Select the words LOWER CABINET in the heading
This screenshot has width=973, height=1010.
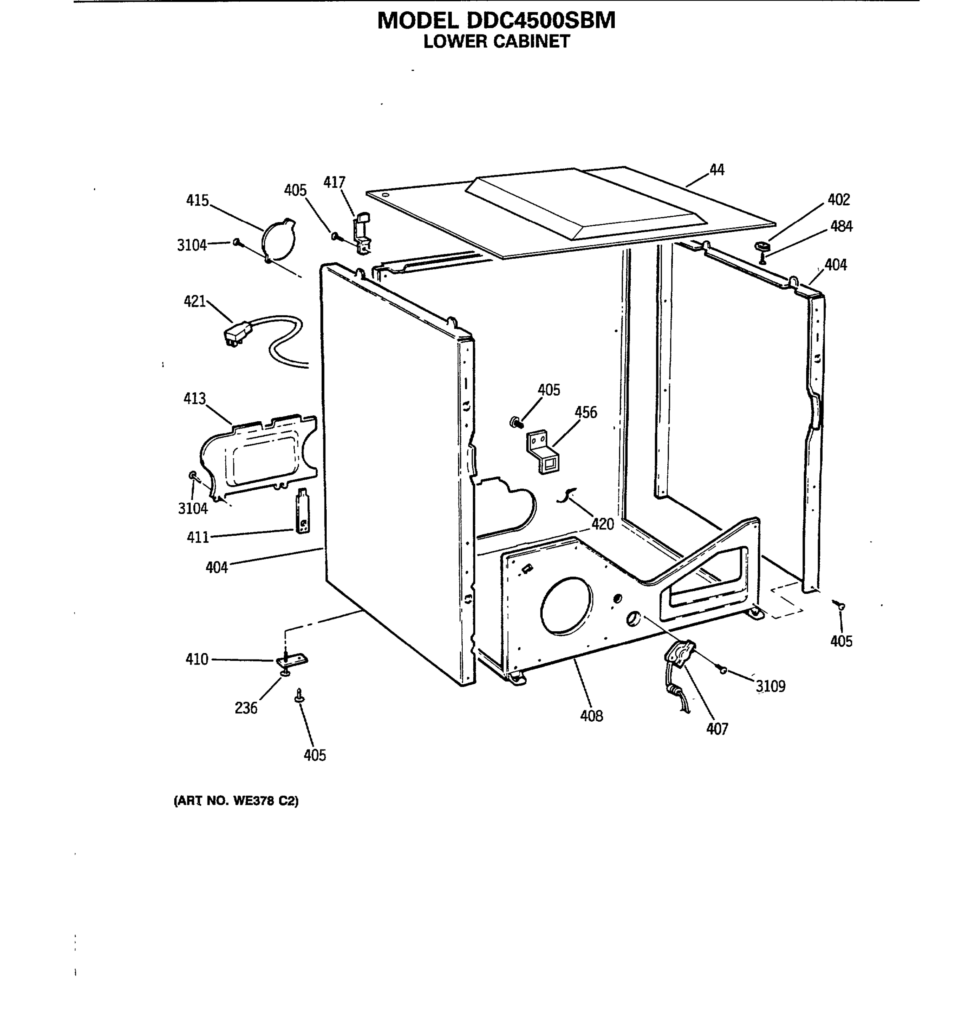click(x=496, y=41)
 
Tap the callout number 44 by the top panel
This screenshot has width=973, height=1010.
click(x=716, y=170)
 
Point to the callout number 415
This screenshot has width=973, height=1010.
click(x=197, y=200)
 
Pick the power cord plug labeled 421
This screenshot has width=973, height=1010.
click(x=237, y=333)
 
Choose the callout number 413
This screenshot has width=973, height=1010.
click(x=195, y=399)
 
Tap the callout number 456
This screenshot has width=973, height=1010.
click(x=585, y=412)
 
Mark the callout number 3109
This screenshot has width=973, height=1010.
click(x=770, y=686)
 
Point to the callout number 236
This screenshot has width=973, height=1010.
click(x=245, y=708)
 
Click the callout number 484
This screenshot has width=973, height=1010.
click(x=841, y=226)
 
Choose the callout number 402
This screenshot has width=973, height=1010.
click(x=838, y=199)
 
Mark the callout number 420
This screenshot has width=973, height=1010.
click(x=602, y=524)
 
